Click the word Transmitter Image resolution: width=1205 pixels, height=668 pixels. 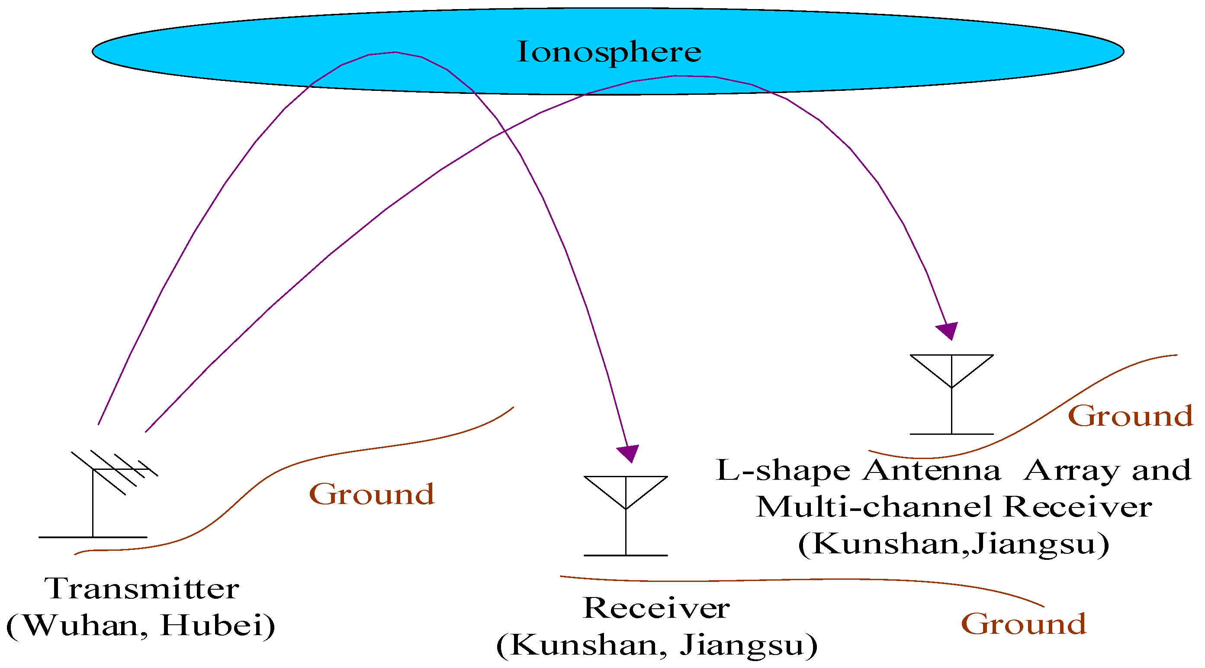[142, 588]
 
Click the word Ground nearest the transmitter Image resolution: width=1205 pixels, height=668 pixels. [372, 495]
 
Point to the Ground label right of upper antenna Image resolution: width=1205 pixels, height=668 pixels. [1130, 416]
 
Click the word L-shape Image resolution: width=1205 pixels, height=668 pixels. [783, 470]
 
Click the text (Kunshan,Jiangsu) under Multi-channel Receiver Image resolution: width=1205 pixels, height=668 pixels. [953, 544]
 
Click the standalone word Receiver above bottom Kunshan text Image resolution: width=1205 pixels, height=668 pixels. [656, 608]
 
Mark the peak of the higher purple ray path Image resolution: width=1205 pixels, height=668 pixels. [395, 52]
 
